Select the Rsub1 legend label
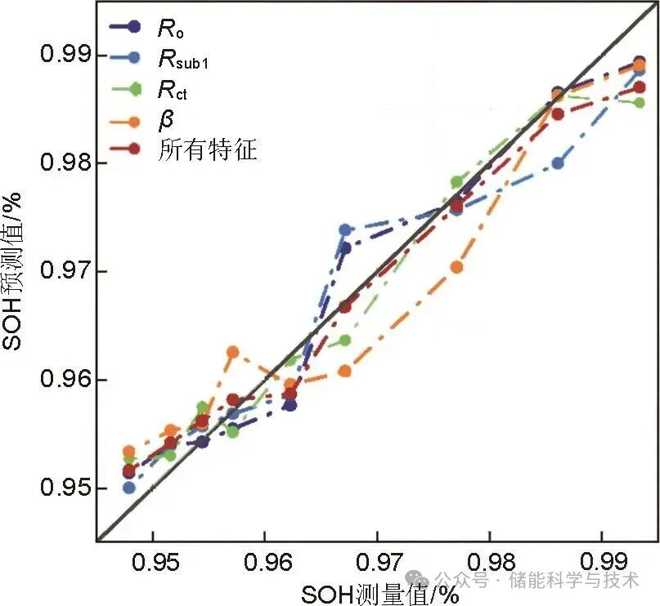pyautogui.click(x=184, y=60)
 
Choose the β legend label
pyautogui.click(x=165, y=120)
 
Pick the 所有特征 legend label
pyautogui.click(x=208, y=150)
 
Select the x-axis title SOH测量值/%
pyautogui.click(x=379, y=594)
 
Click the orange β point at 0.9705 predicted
pyautogui.click(x=456, y=267)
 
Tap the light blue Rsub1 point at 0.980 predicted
pyautogui.click(x=558, y=163)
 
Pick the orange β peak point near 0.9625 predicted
pyautogui.click(x=233, y=352)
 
